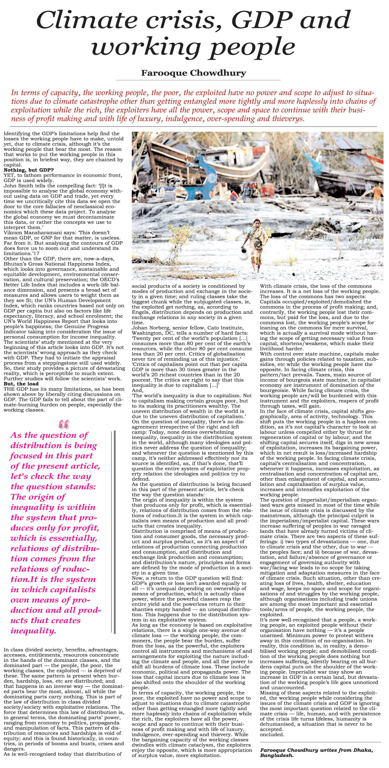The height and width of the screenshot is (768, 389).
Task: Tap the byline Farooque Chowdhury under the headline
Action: pyautogui.click(x=193, y=73)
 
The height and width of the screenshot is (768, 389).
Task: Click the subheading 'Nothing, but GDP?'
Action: pyautogui.click(x=29, y=170)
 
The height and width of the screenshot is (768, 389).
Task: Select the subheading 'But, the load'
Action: pyautogui.click(x=21, y=384)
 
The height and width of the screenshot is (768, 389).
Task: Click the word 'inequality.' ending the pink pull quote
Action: pyautogui.click(x=33, y=631)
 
